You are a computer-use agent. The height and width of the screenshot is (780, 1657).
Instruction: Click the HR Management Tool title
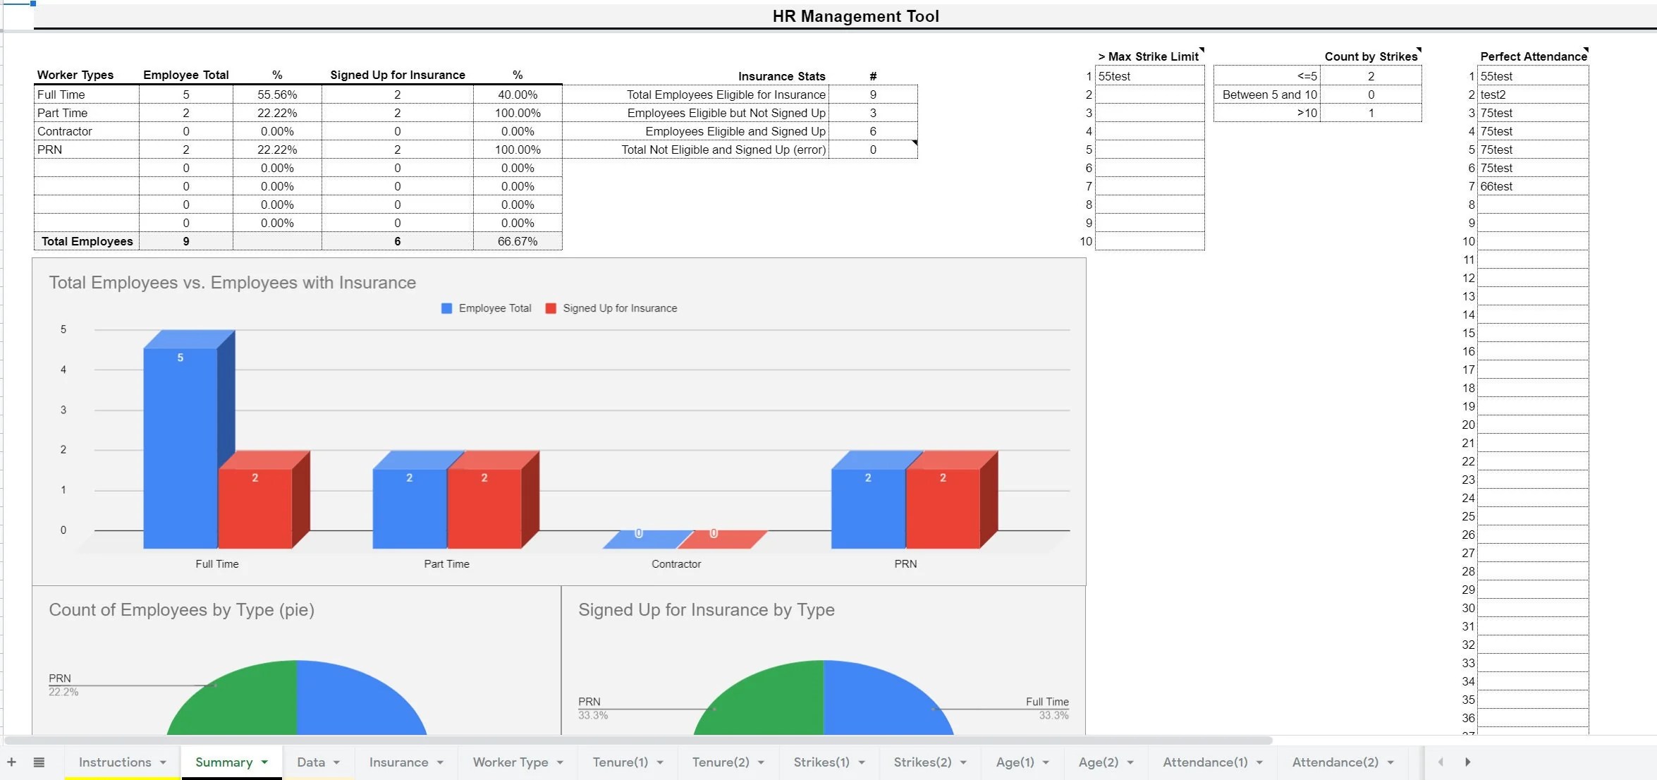pos(855,16)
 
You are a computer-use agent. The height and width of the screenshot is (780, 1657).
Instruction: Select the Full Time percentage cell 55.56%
pos(277,95)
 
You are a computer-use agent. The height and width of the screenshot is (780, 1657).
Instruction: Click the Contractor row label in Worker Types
pos(65,131)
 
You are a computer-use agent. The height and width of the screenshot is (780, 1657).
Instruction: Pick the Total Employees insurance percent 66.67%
pos(517,241)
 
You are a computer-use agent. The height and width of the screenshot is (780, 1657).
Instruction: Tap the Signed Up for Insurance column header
pos(398,75)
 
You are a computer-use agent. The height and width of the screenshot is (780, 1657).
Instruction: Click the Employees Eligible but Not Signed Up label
pos(726,113)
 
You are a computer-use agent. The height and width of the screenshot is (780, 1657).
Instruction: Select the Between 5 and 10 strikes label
pos(1269,95)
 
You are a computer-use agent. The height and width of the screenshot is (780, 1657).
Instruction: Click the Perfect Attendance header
pos(1533,56)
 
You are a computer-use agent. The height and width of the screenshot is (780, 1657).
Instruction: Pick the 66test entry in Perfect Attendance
pos(1496,186)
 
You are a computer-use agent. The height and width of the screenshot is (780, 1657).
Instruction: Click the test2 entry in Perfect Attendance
pos(1493,95)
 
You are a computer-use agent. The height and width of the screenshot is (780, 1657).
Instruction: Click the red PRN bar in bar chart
pos(943,508)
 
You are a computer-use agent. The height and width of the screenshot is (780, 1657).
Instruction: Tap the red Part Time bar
pos(484,508)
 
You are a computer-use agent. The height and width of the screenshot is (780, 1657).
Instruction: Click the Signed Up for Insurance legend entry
pos(619,308)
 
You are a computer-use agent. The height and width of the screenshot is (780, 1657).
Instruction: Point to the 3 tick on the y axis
pos(63,410)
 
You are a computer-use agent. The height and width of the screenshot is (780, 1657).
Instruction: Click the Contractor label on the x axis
pos(675,564)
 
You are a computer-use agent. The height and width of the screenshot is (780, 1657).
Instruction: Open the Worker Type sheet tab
pos(510,762)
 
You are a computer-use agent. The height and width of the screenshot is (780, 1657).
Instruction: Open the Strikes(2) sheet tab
pos(922,762)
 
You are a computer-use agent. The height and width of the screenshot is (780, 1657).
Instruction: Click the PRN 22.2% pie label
pos(62,684)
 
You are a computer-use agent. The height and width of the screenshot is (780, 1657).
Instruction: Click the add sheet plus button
pos(11,762)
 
